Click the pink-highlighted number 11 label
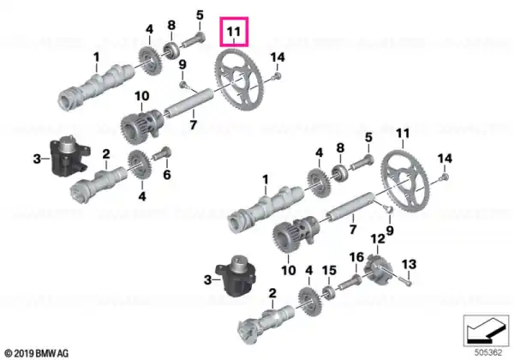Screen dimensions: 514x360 tap(234, 32)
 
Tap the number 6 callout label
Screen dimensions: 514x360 tap(167, 175)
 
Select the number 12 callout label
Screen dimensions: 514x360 tap(378, 239)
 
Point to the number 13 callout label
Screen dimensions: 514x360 tap(409, 264)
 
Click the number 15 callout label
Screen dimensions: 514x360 tap(329, 271)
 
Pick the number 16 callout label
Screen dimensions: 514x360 tap(356, 257)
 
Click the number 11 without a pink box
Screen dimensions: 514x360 tap(403, 134)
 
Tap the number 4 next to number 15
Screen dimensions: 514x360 tap(309, 271)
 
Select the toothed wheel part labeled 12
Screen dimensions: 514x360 tap(378, 271)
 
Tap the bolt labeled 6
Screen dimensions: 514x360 tap(163, 153)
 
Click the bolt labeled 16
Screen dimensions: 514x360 tap(350, 282)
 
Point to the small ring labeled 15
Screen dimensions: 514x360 tap(329, 292)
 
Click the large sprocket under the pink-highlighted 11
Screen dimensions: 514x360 tap(239, 79)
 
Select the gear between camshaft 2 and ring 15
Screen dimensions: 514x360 tap(309, 302)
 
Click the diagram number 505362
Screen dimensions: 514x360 tap(488, 353)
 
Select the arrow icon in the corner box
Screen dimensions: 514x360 tap(486, 330)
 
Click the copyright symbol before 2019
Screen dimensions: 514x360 tap(9, 354)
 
